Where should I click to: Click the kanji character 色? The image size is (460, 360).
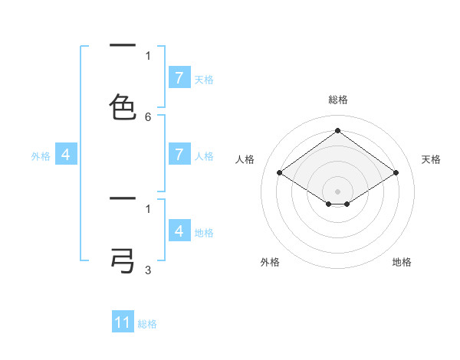123,107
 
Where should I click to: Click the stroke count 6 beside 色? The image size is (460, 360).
148,117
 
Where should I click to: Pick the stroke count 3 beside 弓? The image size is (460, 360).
148,270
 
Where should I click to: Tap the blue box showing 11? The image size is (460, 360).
123,322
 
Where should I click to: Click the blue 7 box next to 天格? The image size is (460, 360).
179,78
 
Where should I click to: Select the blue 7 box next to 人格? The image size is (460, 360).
179,155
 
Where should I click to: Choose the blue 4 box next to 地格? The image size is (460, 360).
179,231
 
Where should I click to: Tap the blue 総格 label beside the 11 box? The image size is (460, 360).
147,324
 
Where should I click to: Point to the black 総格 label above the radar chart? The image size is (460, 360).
338,100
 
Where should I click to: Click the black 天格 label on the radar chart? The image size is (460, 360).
431,159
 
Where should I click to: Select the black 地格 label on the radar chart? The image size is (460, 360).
402,262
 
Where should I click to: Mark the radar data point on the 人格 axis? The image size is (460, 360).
280,173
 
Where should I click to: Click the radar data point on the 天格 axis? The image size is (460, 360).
396,173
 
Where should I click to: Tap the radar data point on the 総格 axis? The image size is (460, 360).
337,131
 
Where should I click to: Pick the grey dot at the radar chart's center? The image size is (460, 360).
337,191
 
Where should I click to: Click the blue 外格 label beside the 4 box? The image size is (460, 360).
41,156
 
